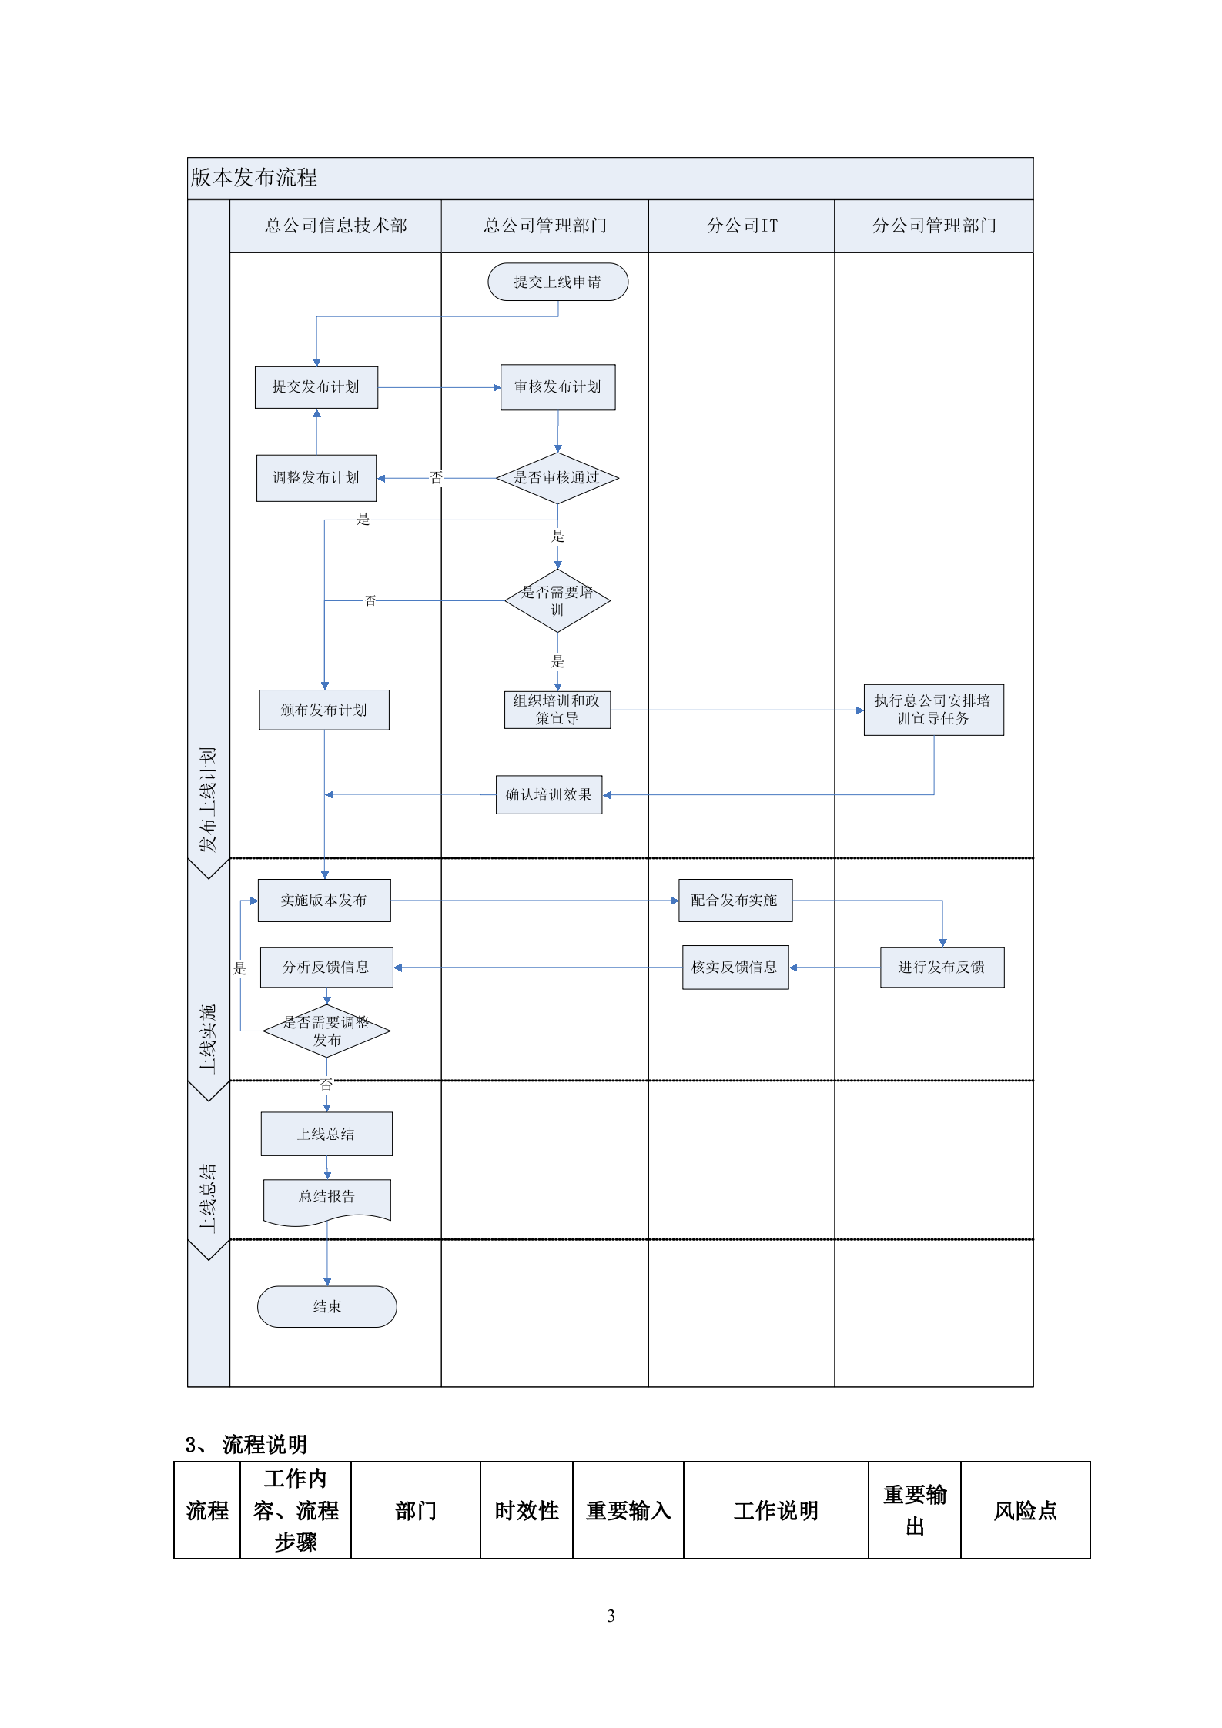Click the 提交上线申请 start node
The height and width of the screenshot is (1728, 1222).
[557, 282]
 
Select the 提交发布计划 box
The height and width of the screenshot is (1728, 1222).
[316, 387]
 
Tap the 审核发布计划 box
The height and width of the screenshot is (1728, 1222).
[557, 387]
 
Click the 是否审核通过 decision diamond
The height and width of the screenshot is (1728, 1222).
[557, 478]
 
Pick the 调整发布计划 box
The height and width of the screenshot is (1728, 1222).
[316, 478]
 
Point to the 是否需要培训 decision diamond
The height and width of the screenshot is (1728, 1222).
[557, 600]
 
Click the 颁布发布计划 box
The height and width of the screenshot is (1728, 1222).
[324, 710]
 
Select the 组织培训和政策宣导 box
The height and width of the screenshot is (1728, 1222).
[557, 710]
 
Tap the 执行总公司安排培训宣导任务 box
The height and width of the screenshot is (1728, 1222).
[933, 710]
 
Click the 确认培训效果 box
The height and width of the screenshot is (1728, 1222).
[548, 794]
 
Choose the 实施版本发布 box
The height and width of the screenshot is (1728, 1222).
[324, 901]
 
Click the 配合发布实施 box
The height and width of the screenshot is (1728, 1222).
[735, 901]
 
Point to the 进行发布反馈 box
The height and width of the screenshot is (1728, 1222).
[942, 968]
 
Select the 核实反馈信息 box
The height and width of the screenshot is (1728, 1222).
[735, 968]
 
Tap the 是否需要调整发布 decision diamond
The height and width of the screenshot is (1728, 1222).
[326, 1031]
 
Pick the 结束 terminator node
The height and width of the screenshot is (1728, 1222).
[326, 1306]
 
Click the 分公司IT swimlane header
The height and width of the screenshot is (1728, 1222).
[742, 226]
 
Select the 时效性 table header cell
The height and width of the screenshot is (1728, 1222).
[527, 1510]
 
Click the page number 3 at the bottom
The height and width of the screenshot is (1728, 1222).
[611, 1616]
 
